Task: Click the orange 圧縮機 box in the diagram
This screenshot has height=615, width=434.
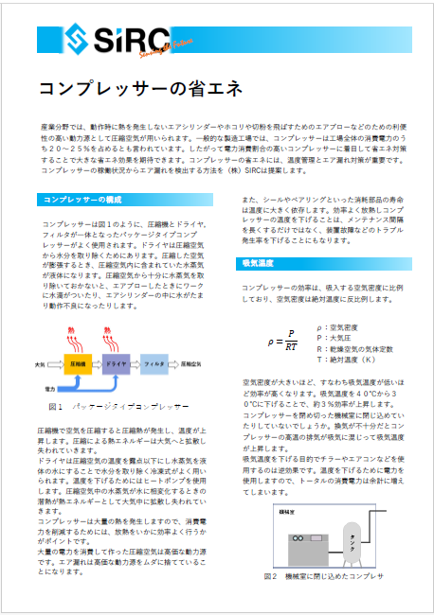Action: [x=79, y=362]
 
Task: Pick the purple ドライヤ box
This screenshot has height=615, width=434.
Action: [x=118, y=362]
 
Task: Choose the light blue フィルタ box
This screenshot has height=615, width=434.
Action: [x=154, y=362]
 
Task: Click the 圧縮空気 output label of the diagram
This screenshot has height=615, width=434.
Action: [x=195, y=362]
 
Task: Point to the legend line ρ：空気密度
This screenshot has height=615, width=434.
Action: [x=341, y=325]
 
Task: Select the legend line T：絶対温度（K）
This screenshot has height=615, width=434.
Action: [x=351, y=360]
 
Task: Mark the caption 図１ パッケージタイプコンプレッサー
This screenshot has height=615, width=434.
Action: [x=118, y=406]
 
